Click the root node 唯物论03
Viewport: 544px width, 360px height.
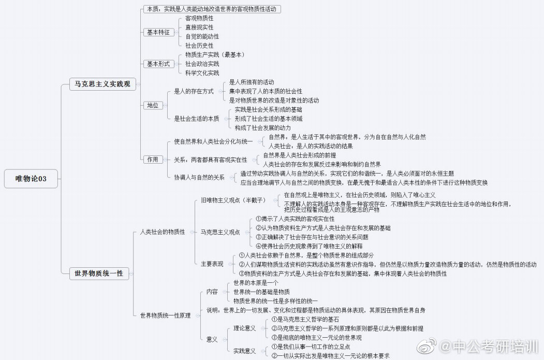pos(32,179)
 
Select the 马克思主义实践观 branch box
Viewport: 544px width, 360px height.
pos(102,84)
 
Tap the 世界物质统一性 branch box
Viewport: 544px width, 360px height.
pos(99,273)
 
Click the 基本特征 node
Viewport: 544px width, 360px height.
pos(158,32)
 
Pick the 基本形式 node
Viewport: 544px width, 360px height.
pos(158,64)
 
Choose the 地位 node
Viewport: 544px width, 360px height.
pos(152,105)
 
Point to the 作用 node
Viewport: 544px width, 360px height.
pos(152,160)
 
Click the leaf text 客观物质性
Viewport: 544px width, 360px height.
pos(199,18)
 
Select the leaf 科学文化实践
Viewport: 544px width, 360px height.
pos(202,73)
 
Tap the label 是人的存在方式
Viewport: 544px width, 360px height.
pos(194,91)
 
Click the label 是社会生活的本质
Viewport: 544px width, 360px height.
pos(196,119)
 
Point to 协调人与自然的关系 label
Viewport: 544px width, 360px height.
pos(199,177)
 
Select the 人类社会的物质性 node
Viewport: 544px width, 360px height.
pos(163,232)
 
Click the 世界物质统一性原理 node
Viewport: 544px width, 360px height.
pos(165,315)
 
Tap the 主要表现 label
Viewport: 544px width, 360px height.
pos(212,264)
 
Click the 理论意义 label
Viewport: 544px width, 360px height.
pos(245,328)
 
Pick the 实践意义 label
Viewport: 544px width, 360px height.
pos(245,351)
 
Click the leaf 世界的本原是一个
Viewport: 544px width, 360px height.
pos(256,283)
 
